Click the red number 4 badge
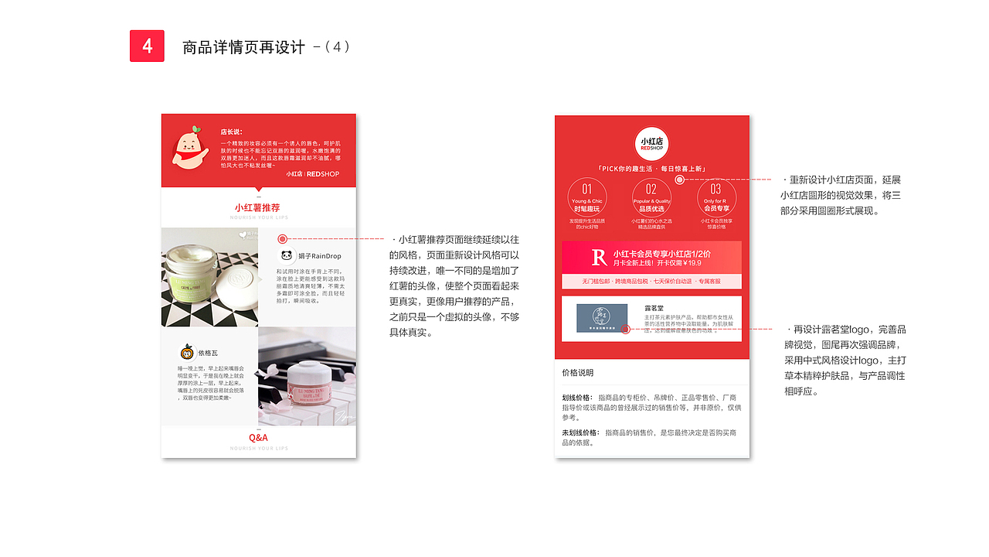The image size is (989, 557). (147, 46)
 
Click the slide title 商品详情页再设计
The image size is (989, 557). (243, 47)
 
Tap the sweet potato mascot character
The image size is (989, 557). (189, 149)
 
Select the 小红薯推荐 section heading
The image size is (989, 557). (257, 208)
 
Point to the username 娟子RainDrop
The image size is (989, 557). (318, 256)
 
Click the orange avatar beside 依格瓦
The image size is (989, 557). (186, 352)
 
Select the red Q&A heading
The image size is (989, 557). (258, 438)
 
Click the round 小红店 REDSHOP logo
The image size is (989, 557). (651, 144)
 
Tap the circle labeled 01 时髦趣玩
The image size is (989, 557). (587, 198)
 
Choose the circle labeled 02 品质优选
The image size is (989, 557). (651, 198)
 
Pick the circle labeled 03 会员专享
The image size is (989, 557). (716, 198)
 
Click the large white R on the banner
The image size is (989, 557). (599, 258)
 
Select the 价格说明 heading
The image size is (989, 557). (578, 373)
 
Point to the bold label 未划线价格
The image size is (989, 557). (580, 432)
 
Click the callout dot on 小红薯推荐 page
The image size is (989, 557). (283, 240)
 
